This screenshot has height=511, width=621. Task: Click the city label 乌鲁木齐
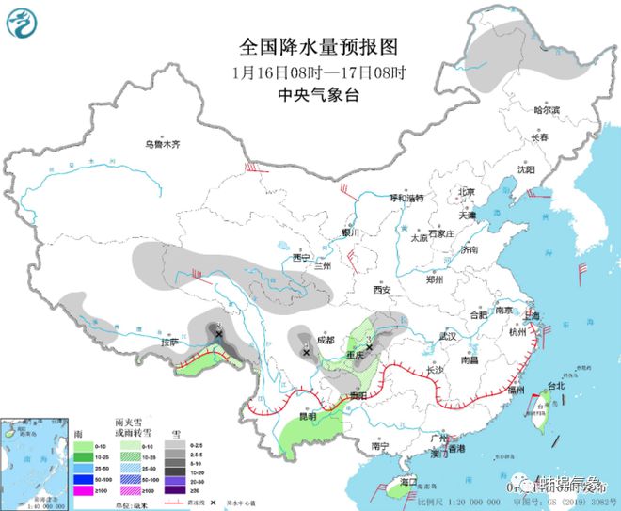pos(162,145)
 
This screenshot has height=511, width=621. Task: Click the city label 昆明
pos(308,415)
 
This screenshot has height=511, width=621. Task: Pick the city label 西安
pos(380,291)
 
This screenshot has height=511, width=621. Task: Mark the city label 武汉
pos(447,336)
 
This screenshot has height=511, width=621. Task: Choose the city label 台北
pos(555,385)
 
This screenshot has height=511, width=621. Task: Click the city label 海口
pos(406,481)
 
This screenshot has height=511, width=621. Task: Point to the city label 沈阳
pos(525,170)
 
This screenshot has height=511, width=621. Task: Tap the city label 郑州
pos(434,280)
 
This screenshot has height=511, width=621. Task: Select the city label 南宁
pos(380,445)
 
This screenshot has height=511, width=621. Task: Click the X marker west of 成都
pos(306,353)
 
